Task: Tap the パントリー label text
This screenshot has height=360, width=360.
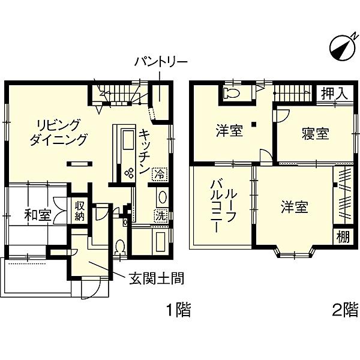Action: coord(161,62)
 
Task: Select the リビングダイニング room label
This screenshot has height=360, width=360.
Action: coord(59,133)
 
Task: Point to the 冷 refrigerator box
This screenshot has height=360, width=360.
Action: coord(160,173)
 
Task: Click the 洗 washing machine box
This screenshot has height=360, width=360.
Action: coord(160,216)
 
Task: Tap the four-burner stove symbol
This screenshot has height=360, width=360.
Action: coord(129,173)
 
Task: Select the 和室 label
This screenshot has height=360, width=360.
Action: coord(38,215)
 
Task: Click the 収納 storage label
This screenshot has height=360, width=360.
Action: coord(79,211)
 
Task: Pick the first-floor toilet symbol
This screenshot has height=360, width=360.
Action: coord(120,247)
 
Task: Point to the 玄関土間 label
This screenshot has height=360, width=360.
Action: coord(157,278)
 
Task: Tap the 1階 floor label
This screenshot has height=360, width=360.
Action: coord(179,310)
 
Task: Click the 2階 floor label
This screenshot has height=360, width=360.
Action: coord(346,310)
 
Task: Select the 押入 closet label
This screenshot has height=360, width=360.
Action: coord(335,94)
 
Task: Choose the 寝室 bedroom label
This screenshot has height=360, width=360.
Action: coord(316,134)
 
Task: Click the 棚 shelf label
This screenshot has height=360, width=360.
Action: coord(343,237)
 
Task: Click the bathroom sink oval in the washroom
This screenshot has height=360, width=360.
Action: coord(163,197)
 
